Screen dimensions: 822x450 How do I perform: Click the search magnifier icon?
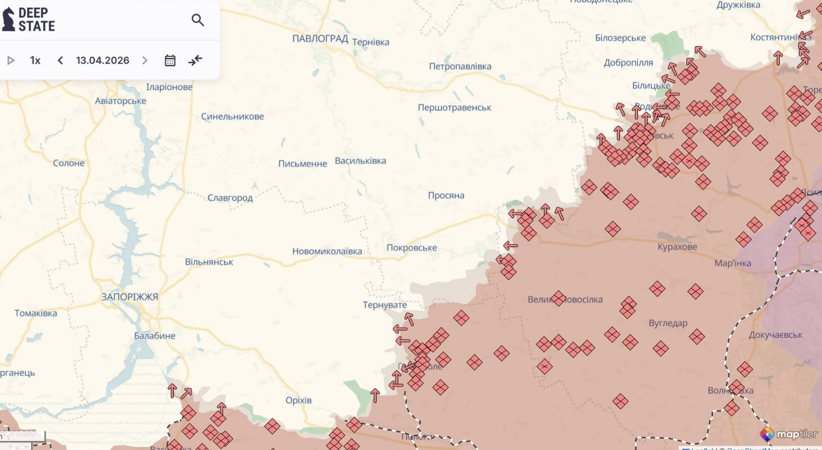click(x=198, y=20)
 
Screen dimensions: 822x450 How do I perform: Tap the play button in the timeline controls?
click(x=11, y=60)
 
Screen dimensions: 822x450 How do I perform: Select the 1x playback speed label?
click(x=35, y=60)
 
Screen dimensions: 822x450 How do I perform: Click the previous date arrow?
click(x=60, y=60)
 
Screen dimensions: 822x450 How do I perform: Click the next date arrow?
click(x=145, y=60)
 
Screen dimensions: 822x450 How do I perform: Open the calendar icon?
click(x=170, y=60)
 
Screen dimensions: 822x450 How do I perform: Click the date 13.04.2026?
click(x=102, y=60)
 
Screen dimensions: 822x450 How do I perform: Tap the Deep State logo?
click(x=29, y=20)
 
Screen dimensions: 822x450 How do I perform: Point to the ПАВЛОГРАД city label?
click(x=320, y=39)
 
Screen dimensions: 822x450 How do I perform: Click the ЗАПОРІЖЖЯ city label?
click(x=129, y=297)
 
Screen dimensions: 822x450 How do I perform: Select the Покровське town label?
click(x=412, y=248)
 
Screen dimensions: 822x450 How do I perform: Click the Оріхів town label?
click(x=298, y=400)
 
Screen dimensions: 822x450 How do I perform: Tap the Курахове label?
click(x=677, y=247)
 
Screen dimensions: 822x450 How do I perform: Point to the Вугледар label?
click(x=668, y=323)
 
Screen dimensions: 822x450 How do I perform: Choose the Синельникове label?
click(x=232, y=116)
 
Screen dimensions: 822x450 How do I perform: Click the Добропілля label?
click(x=628, y=63)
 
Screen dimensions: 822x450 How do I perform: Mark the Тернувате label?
click(x=385, y=305)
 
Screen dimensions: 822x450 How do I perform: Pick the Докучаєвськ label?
click(x=775, y=335)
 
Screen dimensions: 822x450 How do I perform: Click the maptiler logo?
click(x=788, y=434)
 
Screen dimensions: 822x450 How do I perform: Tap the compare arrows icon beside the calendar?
click(x=195, y=60)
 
